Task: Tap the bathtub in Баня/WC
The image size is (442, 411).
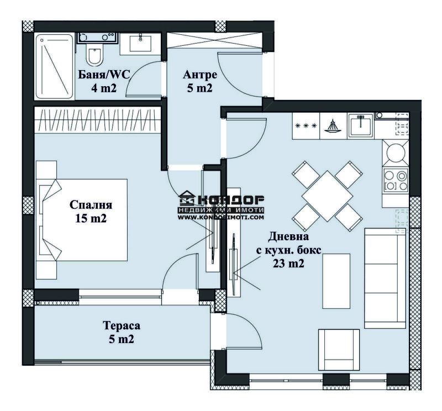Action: coord(54,66)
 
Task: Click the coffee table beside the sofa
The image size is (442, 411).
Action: coord(336,281)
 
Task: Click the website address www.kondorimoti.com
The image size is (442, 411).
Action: coord(221,218)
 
